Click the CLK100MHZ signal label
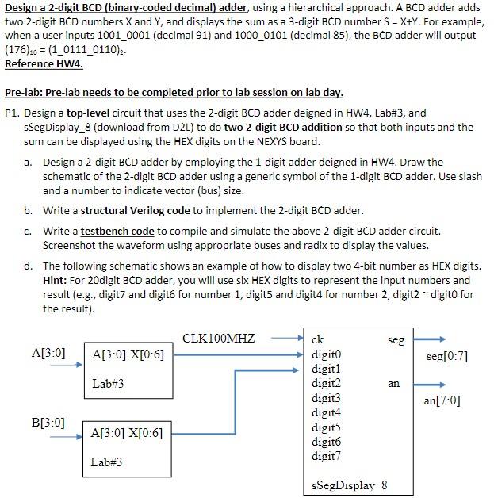(x=218, y=339)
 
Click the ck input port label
(x=318, y=339)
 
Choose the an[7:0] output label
(x=442, y=400)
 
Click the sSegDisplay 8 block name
(x=349, y=485)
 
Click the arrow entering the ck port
(x=285, y=339)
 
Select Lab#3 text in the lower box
(x=107, y=462)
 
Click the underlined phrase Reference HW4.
(x=44, y=63)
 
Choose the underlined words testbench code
(x=117, y=231)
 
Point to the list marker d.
(x=28, y=266)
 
